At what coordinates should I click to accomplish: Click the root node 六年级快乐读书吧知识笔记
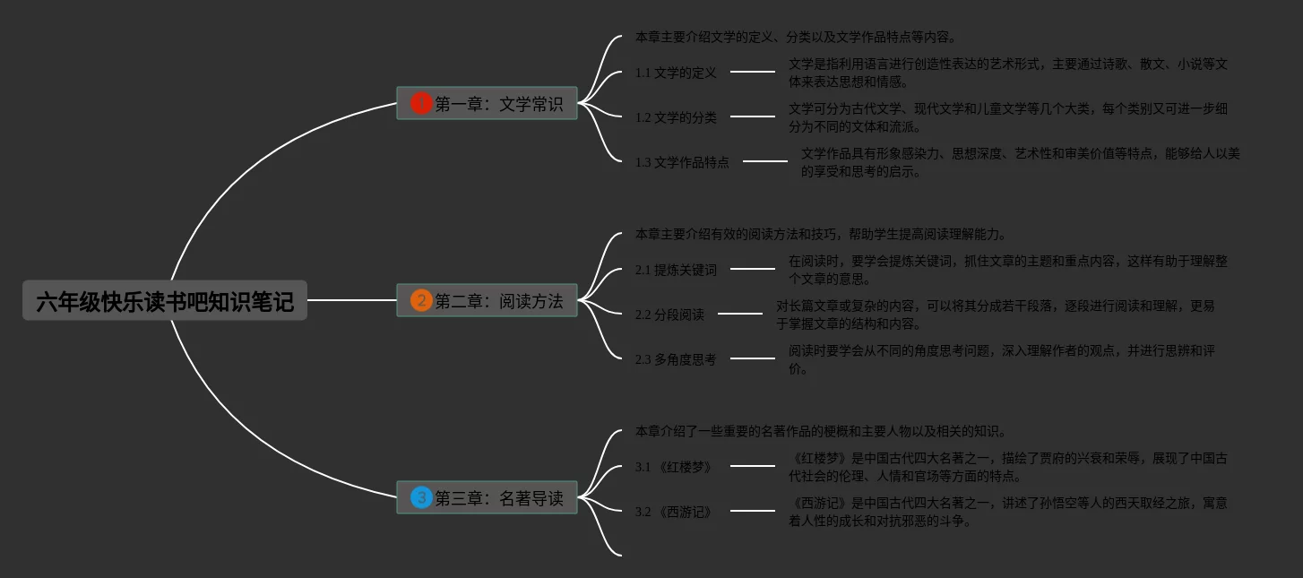pyautogui.click(x=165, y=301)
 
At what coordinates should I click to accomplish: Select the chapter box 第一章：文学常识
pyautogui.click(x=487, y=104)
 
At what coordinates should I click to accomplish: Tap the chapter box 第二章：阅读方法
pyautogui.click(x=487, y=301)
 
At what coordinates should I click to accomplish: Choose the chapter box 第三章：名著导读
pyautogui.click(x=487, y=498)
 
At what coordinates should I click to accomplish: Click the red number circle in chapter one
pyautogui.click(x=421, y=104)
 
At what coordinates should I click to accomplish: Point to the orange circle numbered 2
pyautogui.click(x=421, y=301)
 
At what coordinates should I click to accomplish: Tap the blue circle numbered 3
pyautogui.click(x=421, y=498)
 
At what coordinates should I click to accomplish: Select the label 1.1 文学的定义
pyautogui.click(x=676, y=73)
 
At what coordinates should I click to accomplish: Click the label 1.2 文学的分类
pyautogui.click(x=676, y=117)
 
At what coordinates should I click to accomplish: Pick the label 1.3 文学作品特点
pyautogui.click(x=682, y=162)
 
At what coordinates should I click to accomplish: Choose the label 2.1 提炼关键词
pyautogui.click(x=676, y=270)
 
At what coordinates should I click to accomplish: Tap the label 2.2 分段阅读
pyautogui.click(x=669, y=315)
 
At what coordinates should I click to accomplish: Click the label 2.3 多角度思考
pyautogui.click(x=676, y=359)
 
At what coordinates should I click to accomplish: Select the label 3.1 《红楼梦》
pyautogui.click(x=673, y=467)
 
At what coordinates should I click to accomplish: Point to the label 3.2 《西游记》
pyautogui.click(x=673, y=512)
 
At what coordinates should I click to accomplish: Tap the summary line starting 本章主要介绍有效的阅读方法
pyautogui.click(x=821, y=234)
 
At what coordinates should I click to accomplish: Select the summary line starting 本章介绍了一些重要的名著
pyautogui.click(x=821, y=431)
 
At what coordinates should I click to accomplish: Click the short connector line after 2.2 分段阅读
pyautogui.click(x=740, y=314)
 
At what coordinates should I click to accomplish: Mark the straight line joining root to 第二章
pyautogui.click(x=351, y=300)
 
